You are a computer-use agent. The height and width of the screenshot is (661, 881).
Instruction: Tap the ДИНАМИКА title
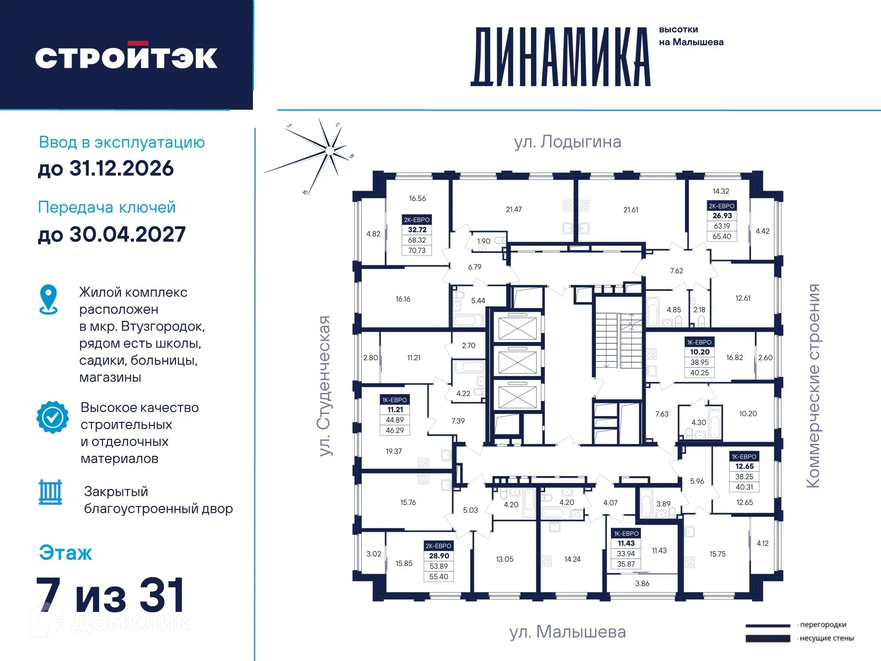[561, 57]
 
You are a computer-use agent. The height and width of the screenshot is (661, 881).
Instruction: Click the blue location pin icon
[49, 299]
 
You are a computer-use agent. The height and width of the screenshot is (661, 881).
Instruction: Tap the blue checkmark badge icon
[53, 417]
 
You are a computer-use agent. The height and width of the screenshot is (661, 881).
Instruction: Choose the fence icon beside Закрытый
[51, 492]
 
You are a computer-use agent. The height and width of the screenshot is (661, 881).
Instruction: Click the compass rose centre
[329, 151]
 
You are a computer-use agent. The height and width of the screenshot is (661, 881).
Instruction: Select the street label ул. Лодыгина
[567, 142]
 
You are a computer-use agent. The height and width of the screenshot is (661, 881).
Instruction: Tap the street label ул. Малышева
[567, 632]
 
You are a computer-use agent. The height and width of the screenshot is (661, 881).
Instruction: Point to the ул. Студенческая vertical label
[325, 386]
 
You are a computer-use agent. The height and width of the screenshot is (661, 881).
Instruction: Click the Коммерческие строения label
[813, 386]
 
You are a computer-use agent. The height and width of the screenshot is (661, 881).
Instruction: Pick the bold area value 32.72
[417, 230]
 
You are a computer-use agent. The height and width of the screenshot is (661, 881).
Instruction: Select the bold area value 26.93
[722, 216]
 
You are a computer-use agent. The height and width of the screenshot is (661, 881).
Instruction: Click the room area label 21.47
[514, 209]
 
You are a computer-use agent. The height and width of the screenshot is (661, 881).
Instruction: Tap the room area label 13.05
[505, 559]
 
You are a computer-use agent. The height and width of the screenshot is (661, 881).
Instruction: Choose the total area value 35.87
[626, 564]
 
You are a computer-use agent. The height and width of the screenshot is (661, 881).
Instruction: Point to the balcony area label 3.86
[642, 583]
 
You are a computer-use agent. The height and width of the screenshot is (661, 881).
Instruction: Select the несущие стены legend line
[768, 639]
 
